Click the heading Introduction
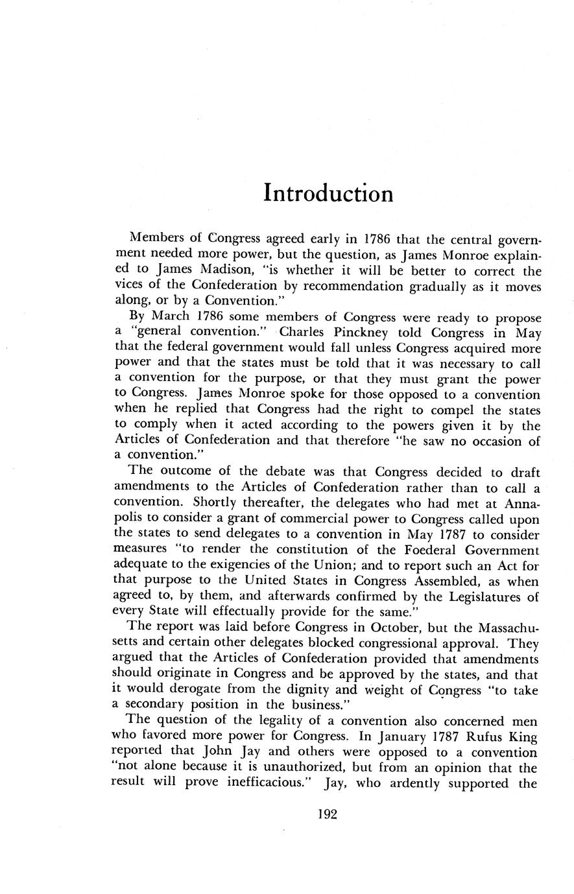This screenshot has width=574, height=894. [328, 193]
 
